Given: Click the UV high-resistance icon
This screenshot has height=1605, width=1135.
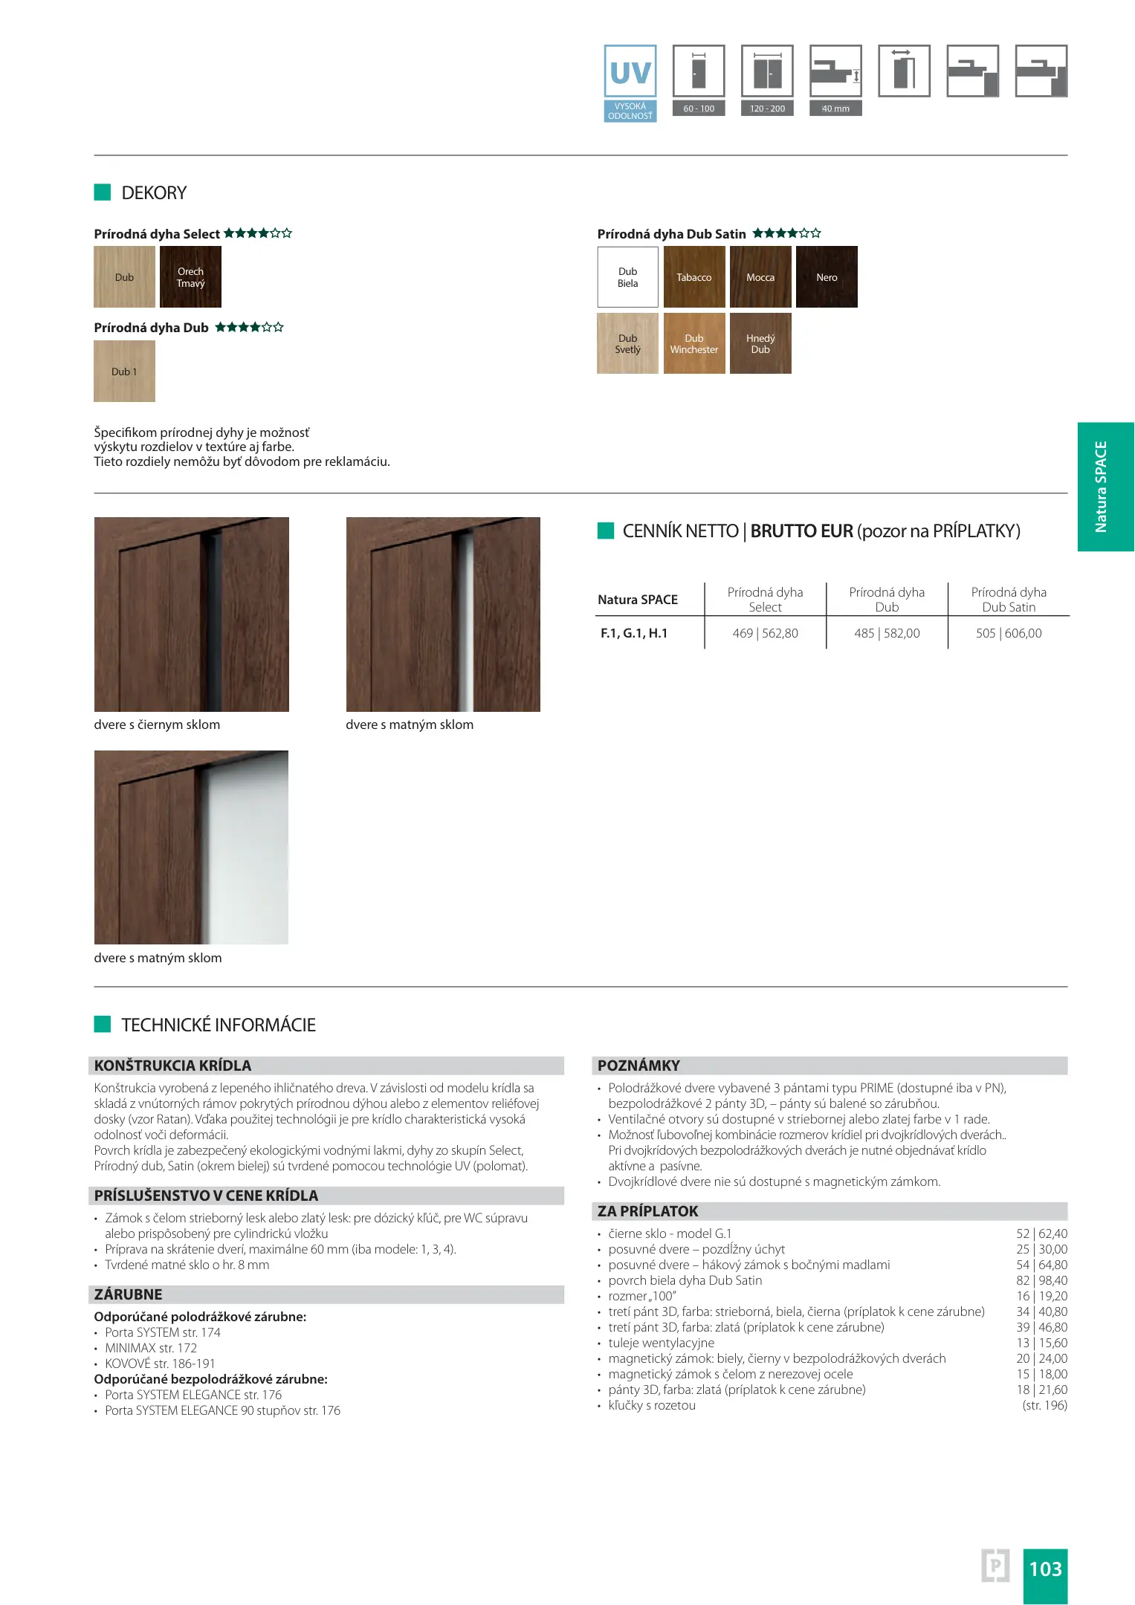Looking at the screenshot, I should pyautogui.click(x=630, y=82).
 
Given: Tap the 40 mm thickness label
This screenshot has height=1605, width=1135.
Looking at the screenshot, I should pyautogui.click(x=835, y=108).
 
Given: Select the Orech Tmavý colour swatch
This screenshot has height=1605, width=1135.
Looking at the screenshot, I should pyautogui.click(x=190, y=277).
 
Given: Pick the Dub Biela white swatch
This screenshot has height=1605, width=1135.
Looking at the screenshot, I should pyautogui.click(x=627, y=277).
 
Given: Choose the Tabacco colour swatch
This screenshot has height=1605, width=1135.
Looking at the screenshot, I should pyautogui.click(x=693, y=277).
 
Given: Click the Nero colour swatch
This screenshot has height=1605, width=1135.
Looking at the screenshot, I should pyautogui.click(x=827, y=277).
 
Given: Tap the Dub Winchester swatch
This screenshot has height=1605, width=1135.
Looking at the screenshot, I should pyautogui.click(x=693, y=343).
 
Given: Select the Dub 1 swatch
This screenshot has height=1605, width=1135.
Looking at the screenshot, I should pyautogui.click(x=124, y=372).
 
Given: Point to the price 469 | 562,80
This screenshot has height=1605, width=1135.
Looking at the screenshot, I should pyautogui.click(x=765, y=633).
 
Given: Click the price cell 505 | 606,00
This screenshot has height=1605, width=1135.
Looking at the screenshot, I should pyautogui.click(x=1009, y=633).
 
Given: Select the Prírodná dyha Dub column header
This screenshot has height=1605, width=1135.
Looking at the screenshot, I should pyautogui.click(x=887, y=599).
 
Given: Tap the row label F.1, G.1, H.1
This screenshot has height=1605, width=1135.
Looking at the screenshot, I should pyautogui.click(x=634, y=633).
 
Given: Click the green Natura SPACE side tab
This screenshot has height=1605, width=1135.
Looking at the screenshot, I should pyautogui.click(x=1105, y=487).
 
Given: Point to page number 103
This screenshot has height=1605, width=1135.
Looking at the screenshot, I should pyautogui.click(x=1045, y=1569).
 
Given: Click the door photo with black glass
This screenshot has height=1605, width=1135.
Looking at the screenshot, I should pyautogui.click(x=192, y=615).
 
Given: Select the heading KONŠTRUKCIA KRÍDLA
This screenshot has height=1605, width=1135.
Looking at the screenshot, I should pyautogui.click(x=173, y=1066).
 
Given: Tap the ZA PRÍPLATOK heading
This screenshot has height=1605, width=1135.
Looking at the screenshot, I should pyautogui.click(x=648, y=1211).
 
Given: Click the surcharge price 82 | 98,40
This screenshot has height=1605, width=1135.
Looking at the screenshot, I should pyautogui.click(x=1041, y=1280).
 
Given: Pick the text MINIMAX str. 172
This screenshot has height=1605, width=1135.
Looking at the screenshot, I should pyautogui.click(x=151, y=1348).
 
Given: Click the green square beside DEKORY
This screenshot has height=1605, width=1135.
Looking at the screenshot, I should pyautogui.click(x=103, y=192).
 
